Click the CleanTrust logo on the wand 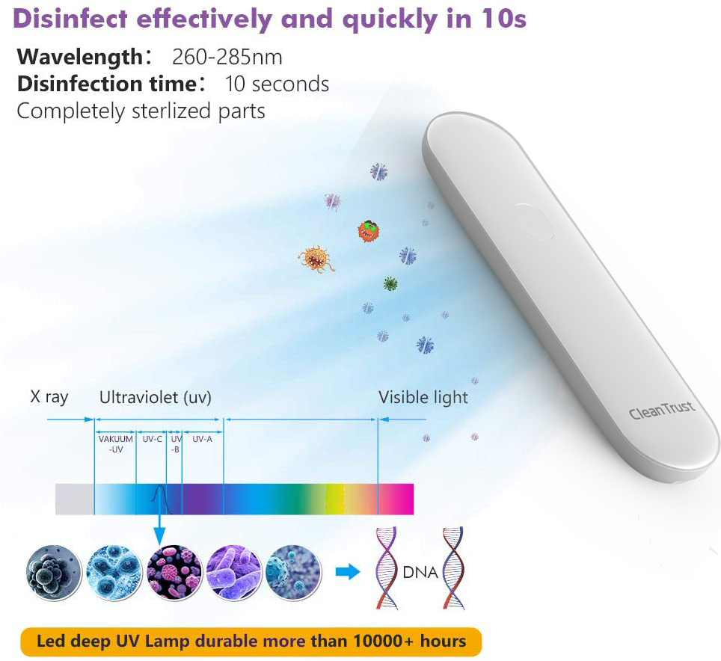662,410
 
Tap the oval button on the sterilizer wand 533,222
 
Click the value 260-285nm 227,58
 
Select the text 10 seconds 277,84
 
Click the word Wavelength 80,58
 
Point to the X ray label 49,397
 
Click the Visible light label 423,397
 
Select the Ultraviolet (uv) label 156,397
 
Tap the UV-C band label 152,439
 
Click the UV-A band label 203,439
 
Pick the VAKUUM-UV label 115,444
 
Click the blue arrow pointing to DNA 348,572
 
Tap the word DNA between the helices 420,573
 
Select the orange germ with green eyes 369,231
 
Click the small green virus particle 390,284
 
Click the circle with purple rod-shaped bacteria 234,573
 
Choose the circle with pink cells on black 174,573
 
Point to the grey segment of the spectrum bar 75,499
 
